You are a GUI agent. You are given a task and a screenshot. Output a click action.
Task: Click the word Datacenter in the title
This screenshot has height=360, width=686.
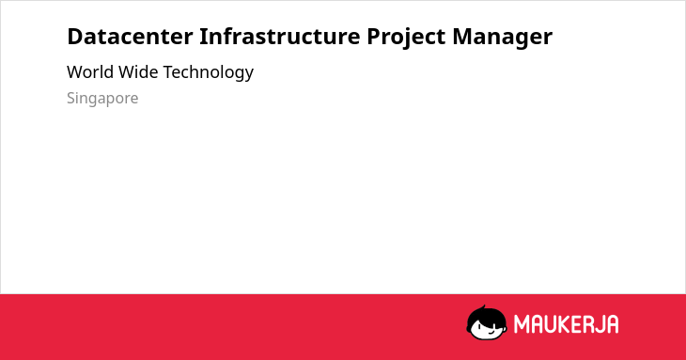point(130,36)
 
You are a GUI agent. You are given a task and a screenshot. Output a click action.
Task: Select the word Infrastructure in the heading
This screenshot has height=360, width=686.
point(280,36)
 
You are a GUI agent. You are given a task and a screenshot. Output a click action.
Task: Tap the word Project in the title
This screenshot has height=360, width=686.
point(407,38)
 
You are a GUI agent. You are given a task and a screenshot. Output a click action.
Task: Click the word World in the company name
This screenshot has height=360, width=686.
point(90,72)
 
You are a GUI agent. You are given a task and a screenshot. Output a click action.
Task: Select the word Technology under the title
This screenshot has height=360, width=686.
point(209,73)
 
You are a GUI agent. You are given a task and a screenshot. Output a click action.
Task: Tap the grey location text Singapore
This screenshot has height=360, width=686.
point(102,99)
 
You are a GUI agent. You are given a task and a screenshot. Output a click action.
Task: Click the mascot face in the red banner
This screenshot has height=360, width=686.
point(487,323)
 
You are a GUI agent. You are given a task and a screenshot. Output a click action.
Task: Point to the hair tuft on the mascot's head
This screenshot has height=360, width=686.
point(483,307)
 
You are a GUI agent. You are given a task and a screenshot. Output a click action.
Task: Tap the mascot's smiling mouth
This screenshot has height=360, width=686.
point(491,333)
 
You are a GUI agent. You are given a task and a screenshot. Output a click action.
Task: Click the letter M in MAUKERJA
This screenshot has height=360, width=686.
point(522,324)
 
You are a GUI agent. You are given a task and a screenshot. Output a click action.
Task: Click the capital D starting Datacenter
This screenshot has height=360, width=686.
point(75,37)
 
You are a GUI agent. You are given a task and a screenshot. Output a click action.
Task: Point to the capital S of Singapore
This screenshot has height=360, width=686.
point(71,98)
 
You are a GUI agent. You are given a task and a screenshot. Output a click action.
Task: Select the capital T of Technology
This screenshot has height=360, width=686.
point(168,72)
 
